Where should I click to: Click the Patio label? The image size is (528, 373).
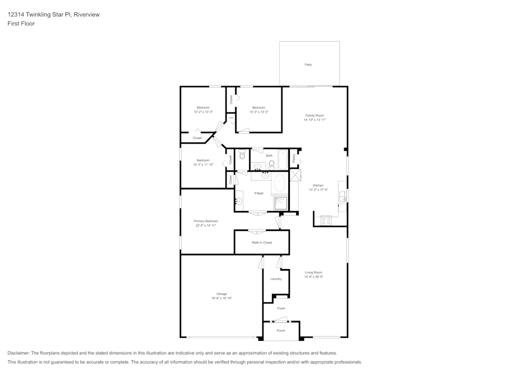(308, 64)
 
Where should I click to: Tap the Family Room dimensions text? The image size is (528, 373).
(314, 120)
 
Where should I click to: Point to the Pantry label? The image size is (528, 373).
(294, 157)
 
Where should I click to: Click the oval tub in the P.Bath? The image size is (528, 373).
(279, 185)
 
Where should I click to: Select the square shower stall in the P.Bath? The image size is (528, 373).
(280, 203)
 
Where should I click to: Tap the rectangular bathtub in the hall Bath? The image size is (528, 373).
(282, 159)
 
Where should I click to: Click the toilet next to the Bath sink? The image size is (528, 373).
(271, 164)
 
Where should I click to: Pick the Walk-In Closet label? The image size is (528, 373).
(261, 243)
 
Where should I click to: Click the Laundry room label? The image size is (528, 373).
(276, 279)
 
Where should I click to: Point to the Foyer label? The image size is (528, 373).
(281, 308)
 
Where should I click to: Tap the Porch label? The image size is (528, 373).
(281, 331)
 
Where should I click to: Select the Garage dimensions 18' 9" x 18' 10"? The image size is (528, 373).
(221, 298)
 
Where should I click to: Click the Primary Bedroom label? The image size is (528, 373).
(205, 221)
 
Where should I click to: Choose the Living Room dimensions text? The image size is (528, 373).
(314, 276)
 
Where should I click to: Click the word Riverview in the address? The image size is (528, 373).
(87, 15)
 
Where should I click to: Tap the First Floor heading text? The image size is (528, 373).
(21, 24)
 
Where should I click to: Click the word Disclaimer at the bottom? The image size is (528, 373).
(18, 353)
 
